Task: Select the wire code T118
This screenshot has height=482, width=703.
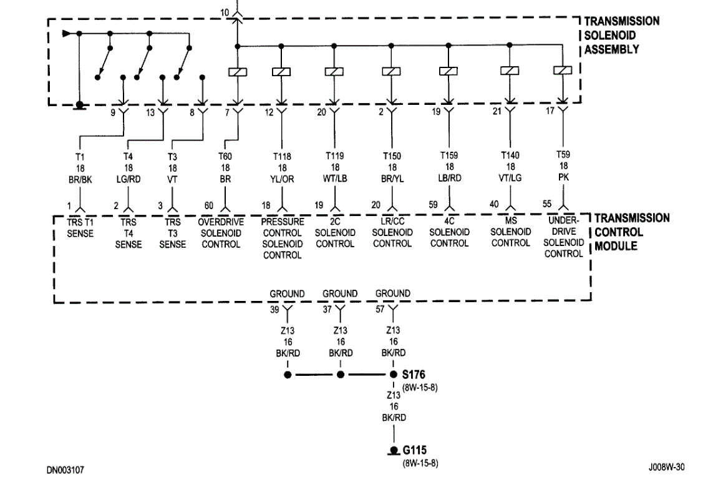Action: click(282, 157)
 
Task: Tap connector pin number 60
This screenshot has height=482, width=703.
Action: click(209, 205)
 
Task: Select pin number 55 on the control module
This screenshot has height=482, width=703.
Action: click(547, 204)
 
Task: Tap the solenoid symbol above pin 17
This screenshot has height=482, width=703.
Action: click(563, 72)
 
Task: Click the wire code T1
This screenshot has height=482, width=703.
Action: click(80, 157)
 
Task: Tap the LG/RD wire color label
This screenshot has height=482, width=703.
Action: click(128, 177)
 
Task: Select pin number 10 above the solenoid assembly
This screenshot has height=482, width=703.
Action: click(225, 12)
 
